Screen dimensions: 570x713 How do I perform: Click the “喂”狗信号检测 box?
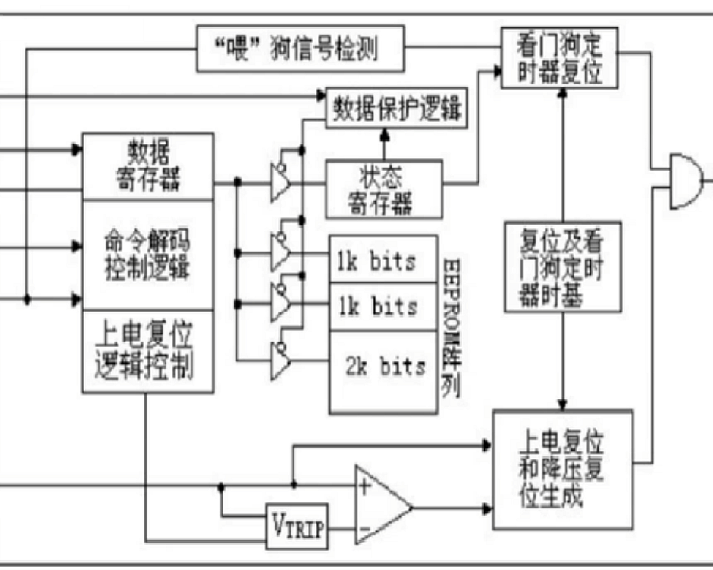(x=300, y=48)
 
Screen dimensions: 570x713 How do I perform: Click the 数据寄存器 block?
(x=148, y=166)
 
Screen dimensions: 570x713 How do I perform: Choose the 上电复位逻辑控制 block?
(x=148, y=351)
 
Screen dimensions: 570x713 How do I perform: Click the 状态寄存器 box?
(x=384, y=189)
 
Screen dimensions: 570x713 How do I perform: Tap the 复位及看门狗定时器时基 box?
(x=563, y=267)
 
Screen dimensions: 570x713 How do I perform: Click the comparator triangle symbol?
(x=381, y=507)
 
